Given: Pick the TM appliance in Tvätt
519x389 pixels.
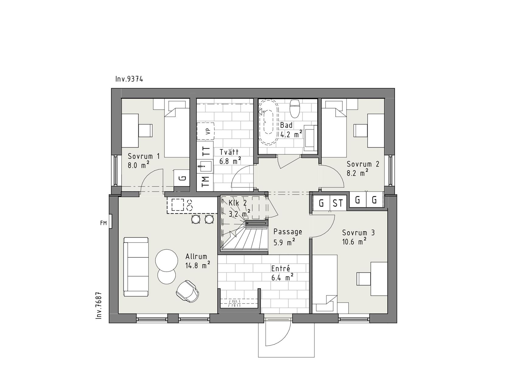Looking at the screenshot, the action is (205, 182).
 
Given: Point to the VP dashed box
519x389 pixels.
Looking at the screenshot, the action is (206, 131).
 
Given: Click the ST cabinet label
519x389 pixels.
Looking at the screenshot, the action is (337, 203).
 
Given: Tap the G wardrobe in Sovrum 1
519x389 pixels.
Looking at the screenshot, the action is (182, 178).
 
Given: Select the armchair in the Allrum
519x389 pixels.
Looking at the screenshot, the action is (188, 291).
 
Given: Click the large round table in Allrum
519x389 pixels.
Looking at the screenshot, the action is (167, 260).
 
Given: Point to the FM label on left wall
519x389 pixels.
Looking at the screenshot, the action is (103, 223).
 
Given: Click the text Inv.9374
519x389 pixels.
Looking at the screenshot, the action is (129, 79).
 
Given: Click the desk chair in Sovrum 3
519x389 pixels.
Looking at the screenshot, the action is (364, 279).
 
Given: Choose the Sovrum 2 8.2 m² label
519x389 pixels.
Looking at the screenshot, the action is (363, 168).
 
